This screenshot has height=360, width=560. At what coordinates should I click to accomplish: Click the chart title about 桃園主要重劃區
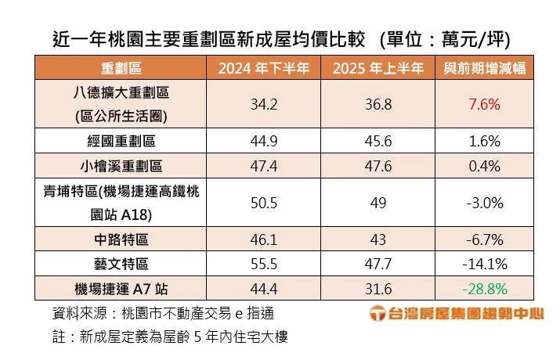280,38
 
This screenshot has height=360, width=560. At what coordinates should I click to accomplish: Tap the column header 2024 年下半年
264,68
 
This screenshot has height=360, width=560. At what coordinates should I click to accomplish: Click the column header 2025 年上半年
378,68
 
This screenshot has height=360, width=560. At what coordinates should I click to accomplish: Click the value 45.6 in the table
378,141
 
